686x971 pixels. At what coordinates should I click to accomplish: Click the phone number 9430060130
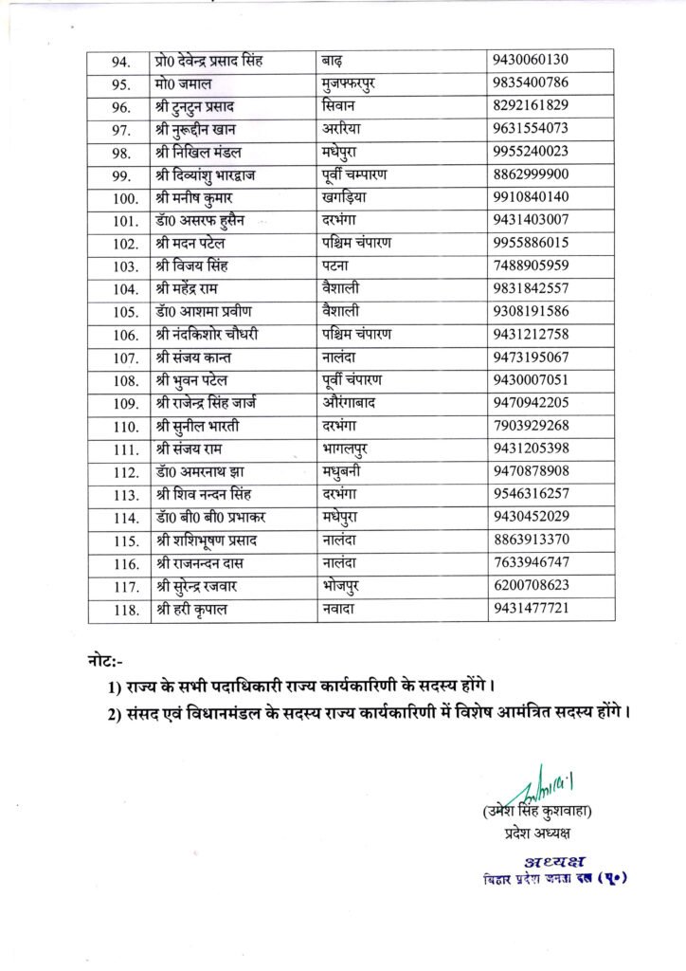pos(531,62)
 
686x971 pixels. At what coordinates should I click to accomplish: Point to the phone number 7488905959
pos(531,266)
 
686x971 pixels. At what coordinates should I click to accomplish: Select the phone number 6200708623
pos(531,585)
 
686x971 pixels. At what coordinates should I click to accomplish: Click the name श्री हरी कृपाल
pos(192,608)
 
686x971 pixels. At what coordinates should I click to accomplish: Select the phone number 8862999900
pos(531,174)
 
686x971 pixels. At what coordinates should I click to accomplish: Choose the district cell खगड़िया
pos(350,197)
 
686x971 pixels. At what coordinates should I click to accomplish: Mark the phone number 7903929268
pos(531,426)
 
